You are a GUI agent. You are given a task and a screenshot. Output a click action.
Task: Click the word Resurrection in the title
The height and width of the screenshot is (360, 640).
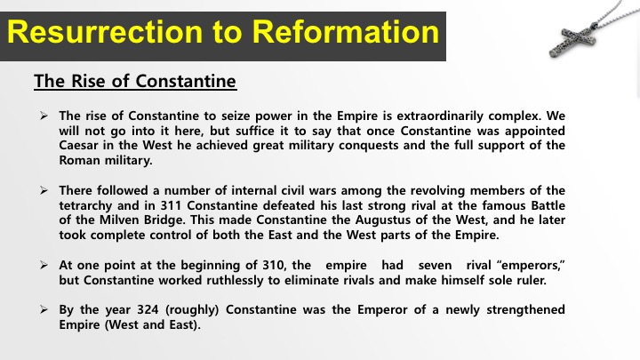[105, 32]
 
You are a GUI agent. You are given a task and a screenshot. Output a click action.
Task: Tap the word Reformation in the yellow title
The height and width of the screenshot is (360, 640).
[345, 32]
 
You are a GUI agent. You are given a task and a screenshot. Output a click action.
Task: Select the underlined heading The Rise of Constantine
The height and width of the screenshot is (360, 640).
[135, 81]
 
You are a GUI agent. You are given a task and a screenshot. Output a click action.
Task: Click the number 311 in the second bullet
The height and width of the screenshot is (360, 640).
[171, 205]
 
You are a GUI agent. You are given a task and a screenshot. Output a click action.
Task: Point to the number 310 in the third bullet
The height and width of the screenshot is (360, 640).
[274, 265]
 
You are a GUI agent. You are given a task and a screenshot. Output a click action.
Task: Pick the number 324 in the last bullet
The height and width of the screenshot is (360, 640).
[148, 310]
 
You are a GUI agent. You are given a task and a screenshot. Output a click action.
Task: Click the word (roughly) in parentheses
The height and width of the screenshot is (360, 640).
[192, 310]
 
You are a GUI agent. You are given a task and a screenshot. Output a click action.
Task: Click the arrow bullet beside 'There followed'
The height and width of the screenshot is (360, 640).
[44, 190]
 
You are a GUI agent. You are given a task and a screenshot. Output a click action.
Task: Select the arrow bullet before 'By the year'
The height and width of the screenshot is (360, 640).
[44, 309]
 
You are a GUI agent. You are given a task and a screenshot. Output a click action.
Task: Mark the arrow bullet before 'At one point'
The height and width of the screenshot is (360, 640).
[44, 265]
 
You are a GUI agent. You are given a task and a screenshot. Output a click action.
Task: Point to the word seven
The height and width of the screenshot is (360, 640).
[435, 266]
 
